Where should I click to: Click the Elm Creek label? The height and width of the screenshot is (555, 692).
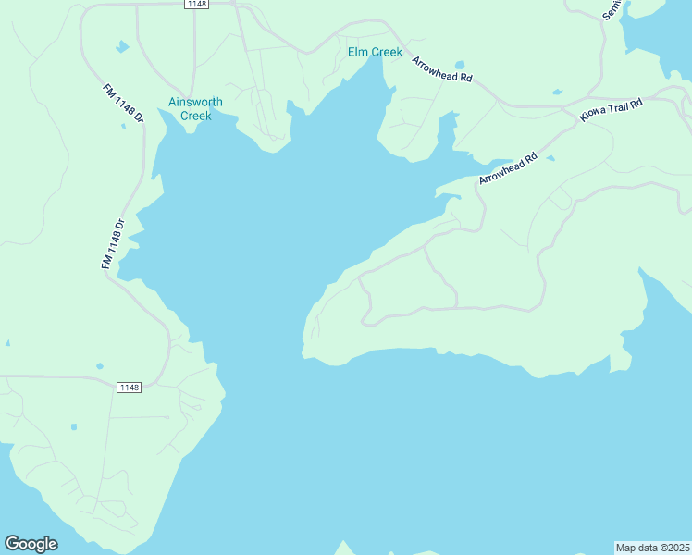(x=375, y=52)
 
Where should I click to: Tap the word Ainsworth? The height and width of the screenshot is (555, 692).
(x=195, y=103)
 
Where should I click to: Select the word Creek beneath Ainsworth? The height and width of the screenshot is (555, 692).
(x=195, y=116)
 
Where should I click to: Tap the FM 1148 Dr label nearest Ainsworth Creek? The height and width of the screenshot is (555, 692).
(x=124, y=105)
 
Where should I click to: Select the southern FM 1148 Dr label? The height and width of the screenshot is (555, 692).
(x=112, y=244)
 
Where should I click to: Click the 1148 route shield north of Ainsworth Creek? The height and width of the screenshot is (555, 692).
(x=196, y=4)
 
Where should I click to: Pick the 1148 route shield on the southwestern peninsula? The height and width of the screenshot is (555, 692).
(x=130, y=388)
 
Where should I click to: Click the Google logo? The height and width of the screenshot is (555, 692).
(x=31, y=544)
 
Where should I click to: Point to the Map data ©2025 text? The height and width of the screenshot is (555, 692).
(x=653, y=548)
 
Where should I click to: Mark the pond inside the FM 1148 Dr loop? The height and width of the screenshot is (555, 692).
(x=121, y=46)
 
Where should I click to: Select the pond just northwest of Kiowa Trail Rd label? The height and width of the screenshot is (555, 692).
(x=557, y=92)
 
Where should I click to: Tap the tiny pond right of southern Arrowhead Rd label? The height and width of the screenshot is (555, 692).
(x=550, y=159)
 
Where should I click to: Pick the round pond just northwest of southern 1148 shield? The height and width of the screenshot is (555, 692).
(x=100, y=366)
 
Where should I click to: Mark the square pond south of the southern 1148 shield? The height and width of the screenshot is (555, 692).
(x=74, y=427)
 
